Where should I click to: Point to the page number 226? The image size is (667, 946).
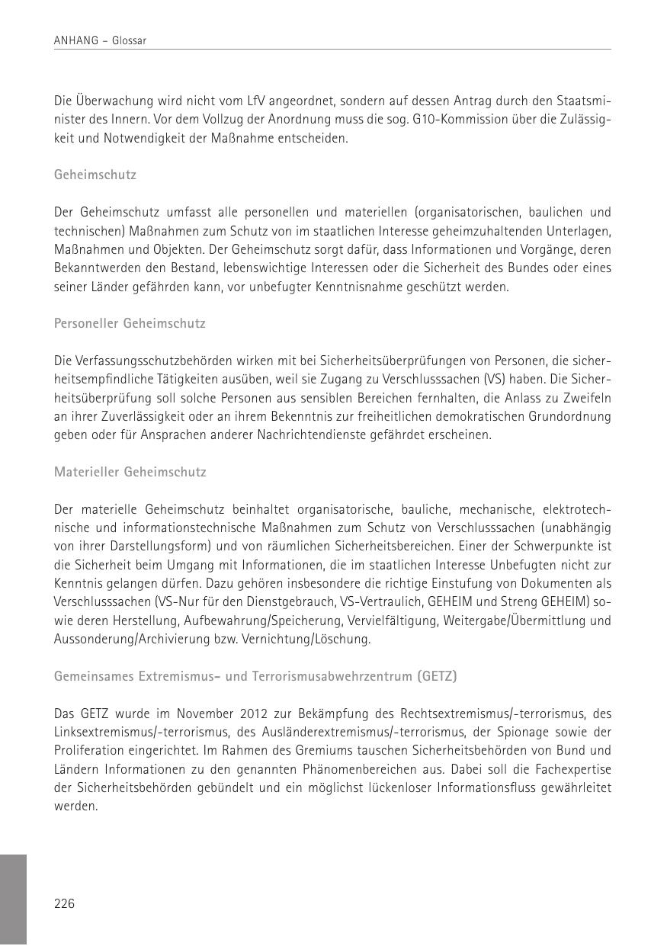64,904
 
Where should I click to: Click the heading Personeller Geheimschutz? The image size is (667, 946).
130,323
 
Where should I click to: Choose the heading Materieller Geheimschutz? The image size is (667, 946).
130,472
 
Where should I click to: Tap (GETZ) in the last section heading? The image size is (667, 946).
437,676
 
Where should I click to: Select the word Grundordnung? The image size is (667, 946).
573,416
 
